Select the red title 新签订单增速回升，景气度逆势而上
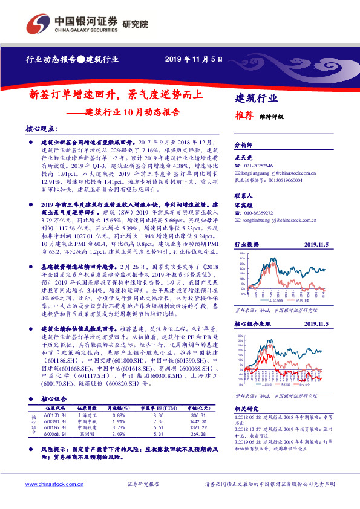[117, 95]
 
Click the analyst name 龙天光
[243, 157]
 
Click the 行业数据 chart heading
[247, 244]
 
